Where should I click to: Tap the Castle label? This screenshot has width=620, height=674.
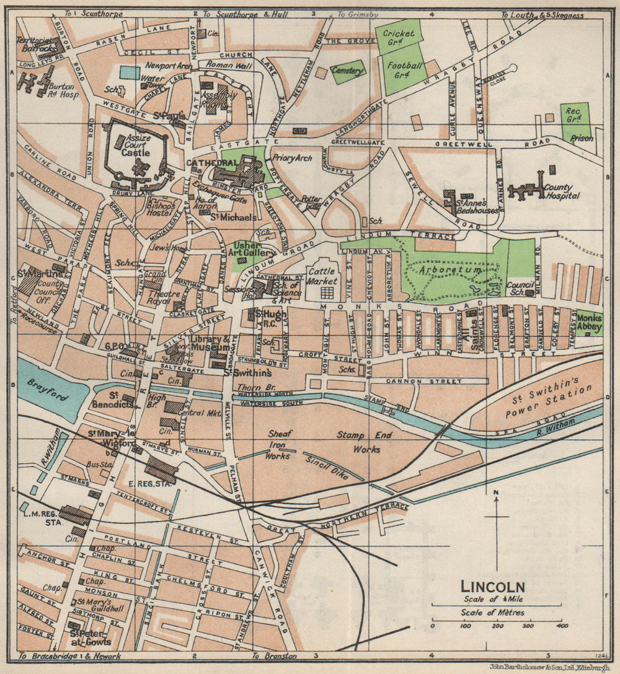click(136, 152)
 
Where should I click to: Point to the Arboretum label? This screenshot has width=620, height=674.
click(440, 271)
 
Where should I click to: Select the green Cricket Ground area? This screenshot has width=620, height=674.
click(398, 37)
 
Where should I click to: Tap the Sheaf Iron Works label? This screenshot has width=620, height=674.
click(278, 445)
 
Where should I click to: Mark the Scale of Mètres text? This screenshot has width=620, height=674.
click(492, 613)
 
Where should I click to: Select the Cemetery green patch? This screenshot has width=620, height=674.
click(348, 71)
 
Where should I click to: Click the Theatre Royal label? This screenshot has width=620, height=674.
click(162, 298)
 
